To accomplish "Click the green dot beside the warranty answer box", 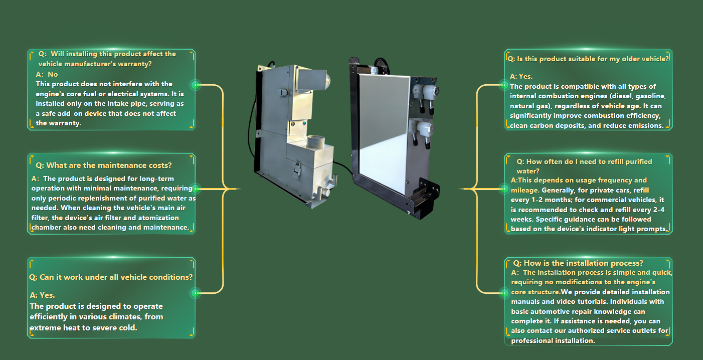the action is pyautogui.click(x=195, y=85).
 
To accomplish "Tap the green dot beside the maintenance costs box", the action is pyautogui.click(x=195, y=189).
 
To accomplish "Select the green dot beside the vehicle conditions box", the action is pyautogui.click(x=195, y=293).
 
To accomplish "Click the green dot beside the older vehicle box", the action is pyautogui.click(x=504, y=85).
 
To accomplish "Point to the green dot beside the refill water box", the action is pyautogui.click(x=504, y=189).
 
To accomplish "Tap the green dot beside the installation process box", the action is pyautogui.click(x=504, y=293).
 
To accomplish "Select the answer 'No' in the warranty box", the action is pyautogui.click(x=53, y=74).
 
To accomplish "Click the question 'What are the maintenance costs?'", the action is pyautogui.click(x=104, y=165).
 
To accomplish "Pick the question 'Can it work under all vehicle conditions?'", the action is pyautogui.click(x=111, y=277).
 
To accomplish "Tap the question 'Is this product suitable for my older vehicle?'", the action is pyautogui.click(x=588, y=59).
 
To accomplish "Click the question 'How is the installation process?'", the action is pyautogui.click(x=578, y=263).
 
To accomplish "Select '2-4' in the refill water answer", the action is pyautogui.click(x=657, y=210).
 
